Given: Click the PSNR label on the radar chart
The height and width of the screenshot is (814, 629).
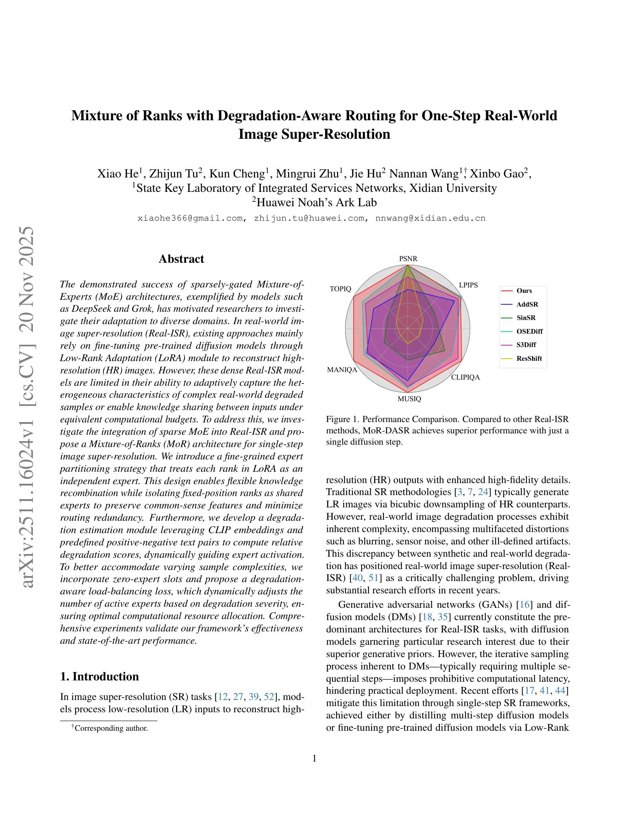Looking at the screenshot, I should pyautogui.click(x=408, y=259).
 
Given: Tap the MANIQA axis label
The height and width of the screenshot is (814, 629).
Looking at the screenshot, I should pyautogui.click(x=342, y=370).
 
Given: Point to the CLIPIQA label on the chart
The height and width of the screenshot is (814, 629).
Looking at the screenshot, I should pyautogui.click(x=466, y=377).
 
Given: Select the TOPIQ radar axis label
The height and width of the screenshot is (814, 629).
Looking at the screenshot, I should pyautogui.click(x=340, y=289).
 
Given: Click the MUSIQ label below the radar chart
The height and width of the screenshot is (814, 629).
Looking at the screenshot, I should pyautogui.click(x=409, y=399).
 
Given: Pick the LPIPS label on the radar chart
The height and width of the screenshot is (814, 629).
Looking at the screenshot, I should pyautogui.click(x=468, y=285).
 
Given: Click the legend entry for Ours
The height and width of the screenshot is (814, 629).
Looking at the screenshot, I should pyautogui.click(x=524, y=291).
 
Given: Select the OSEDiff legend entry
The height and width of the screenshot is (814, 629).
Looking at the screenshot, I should pyautogui.click(x=530, y=331).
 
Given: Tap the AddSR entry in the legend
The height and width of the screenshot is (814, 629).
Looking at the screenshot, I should pyautogui.click(x=527, y=305).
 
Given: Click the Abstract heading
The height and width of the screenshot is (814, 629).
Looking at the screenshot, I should pyautogui.click(x=181, y=259).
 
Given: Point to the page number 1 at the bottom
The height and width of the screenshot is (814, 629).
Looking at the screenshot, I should pyautogui.click(x=314, y=758).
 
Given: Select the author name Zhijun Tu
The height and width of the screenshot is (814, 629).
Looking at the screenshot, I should pyautogui.click(x=175, y=174).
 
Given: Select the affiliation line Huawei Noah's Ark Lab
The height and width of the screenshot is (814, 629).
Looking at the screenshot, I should pyautogui.click(x=314, y=202).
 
